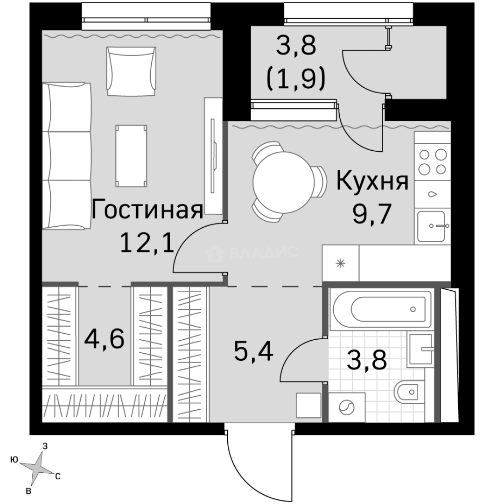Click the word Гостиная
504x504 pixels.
click(147, 210)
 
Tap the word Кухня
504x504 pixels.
click(372, 182)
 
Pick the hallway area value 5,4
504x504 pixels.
click(253, 352)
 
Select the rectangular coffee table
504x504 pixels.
click(132, 155)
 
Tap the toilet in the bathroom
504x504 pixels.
click(408, 392)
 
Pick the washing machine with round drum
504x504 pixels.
click(346, 407)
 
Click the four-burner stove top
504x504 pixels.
click(432, 161)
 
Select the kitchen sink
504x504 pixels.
click(433, 226)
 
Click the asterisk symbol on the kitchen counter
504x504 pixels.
click(341, 263)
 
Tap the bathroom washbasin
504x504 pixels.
click(420, 349)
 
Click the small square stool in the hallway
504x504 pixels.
click(308, 405)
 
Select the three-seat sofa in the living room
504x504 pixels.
click(66, 156)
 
